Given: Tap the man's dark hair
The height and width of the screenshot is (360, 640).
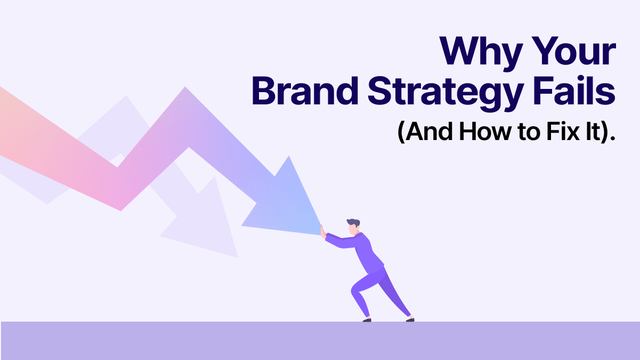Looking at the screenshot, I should coord(353,221).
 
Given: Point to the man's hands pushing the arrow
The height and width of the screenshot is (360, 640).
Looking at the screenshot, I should coord(322,230).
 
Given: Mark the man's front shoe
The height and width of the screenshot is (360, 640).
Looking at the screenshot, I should coord(367,320).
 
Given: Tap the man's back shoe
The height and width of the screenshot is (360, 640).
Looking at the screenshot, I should coord(409,319).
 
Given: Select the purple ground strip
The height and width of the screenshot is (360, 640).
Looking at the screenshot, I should coord(320,341).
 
